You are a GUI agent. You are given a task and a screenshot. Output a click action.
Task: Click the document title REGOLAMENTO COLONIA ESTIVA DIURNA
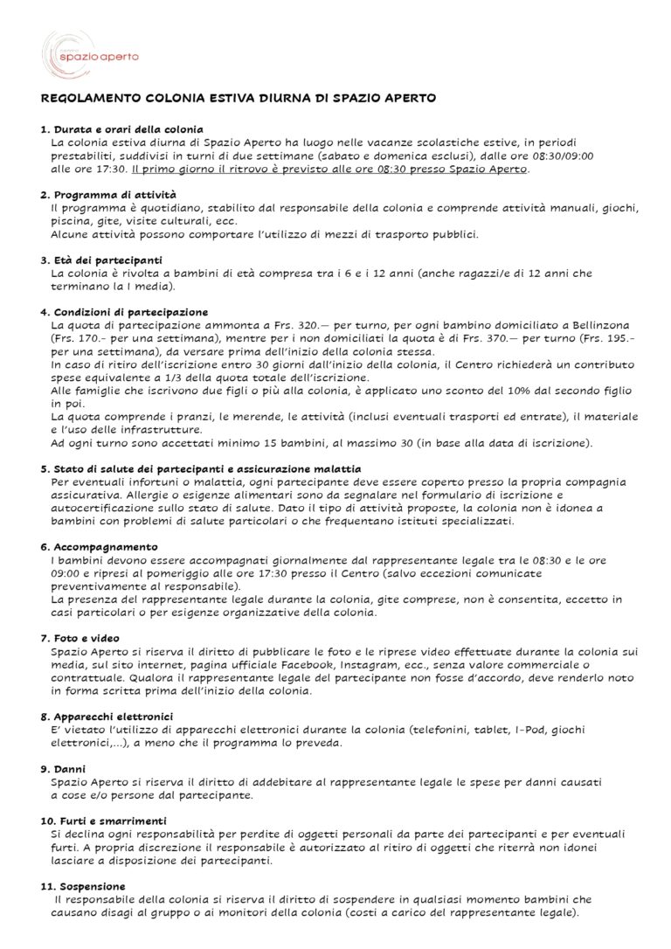pos(239,100)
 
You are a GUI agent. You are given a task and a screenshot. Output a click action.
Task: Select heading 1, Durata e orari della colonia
pos(121,129)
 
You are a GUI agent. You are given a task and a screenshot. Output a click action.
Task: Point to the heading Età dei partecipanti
pos(107,260)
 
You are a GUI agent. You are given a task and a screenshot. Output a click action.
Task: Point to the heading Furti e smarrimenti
pos(104,821)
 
